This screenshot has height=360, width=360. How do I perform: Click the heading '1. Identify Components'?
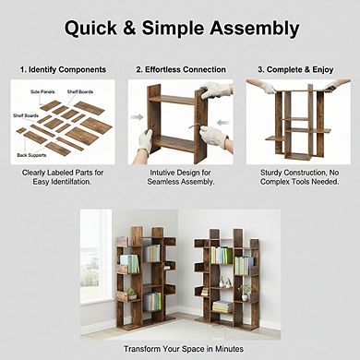pyautogui.click(x=64, y=69)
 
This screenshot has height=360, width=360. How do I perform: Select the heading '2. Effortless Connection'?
pyautogui.click(x=180, y=69)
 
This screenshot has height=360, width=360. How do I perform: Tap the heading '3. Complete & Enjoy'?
pyautogui.click(x=296, y=69)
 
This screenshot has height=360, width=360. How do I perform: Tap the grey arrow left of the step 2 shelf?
pyautogui.click(x=137, y=116)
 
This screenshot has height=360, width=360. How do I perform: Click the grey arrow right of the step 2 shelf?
pyautogui.click(x=223, y=116)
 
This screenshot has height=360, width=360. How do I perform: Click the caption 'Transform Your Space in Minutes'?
pyautogui.click(x=180, y=348)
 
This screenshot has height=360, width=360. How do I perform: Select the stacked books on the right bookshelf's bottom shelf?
pyautogui.click(x=222, y=306)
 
